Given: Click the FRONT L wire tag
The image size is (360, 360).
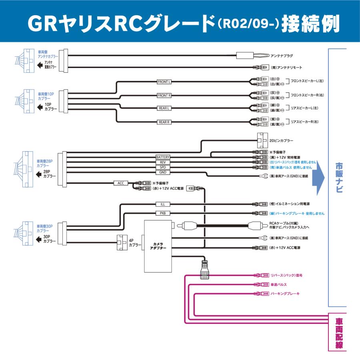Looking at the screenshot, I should click(x=164, y=82).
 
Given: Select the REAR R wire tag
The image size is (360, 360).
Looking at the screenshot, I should click(x=164, y=122).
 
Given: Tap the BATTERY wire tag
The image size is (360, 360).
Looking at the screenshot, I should click(x=163, y=157).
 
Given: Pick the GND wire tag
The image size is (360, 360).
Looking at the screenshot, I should click(x=163, y=172).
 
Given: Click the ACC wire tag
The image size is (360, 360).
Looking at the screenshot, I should click(x=121, y=183).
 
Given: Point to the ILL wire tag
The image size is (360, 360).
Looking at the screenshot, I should click(x=163, y=204).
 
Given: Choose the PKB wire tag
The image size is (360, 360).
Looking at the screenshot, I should click(x=163, y=213).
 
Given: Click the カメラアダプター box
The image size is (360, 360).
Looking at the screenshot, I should click(x=157, y=246).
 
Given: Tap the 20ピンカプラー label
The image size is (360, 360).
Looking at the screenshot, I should click(x=282, y=141).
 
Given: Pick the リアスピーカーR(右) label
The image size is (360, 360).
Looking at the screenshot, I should click(x=307, y=122).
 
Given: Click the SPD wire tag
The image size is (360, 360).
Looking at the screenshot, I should click(x=163, y=167).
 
